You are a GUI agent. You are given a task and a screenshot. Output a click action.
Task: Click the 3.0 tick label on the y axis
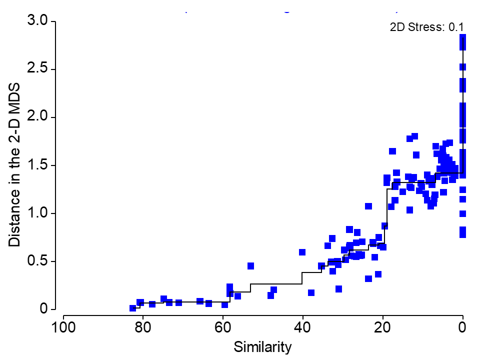(x=37, y=21)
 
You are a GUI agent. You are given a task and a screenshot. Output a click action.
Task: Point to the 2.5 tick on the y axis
(x=37, y=69)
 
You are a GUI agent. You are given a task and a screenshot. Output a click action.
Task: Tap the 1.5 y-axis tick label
(x=37, y=165)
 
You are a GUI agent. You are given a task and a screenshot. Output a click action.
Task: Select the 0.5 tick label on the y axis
(x=37, y=261)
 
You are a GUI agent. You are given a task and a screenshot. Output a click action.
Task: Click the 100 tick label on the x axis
(x=63, y=329)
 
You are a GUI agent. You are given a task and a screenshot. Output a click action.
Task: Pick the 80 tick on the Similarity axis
(x=143, y=329)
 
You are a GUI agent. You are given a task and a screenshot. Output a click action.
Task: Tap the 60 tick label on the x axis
(x=223, y=329)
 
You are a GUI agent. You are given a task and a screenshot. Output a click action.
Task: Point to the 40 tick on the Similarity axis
(x=303, y=329)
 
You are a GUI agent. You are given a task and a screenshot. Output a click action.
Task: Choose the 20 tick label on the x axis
(x=383, y=329)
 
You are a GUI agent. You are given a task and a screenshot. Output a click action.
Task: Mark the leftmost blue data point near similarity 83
(x=132, y=308)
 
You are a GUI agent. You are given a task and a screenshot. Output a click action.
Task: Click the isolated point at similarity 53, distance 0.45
(x=250, y=265)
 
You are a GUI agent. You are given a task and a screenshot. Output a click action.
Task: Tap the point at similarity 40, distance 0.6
(x=302, y=252)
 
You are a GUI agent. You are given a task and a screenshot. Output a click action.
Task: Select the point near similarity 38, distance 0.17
(x=311, y=292)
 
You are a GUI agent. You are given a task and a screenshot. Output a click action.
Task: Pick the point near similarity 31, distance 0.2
(x=338, y=288)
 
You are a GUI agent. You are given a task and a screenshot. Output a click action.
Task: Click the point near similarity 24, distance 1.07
(x=368, y=206)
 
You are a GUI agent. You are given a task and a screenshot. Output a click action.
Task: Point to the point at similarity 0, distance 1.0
(x=462, y=213)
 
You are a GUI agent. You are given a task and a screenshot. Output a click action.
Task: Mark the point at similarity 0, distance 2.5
(x=462, y=66)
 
